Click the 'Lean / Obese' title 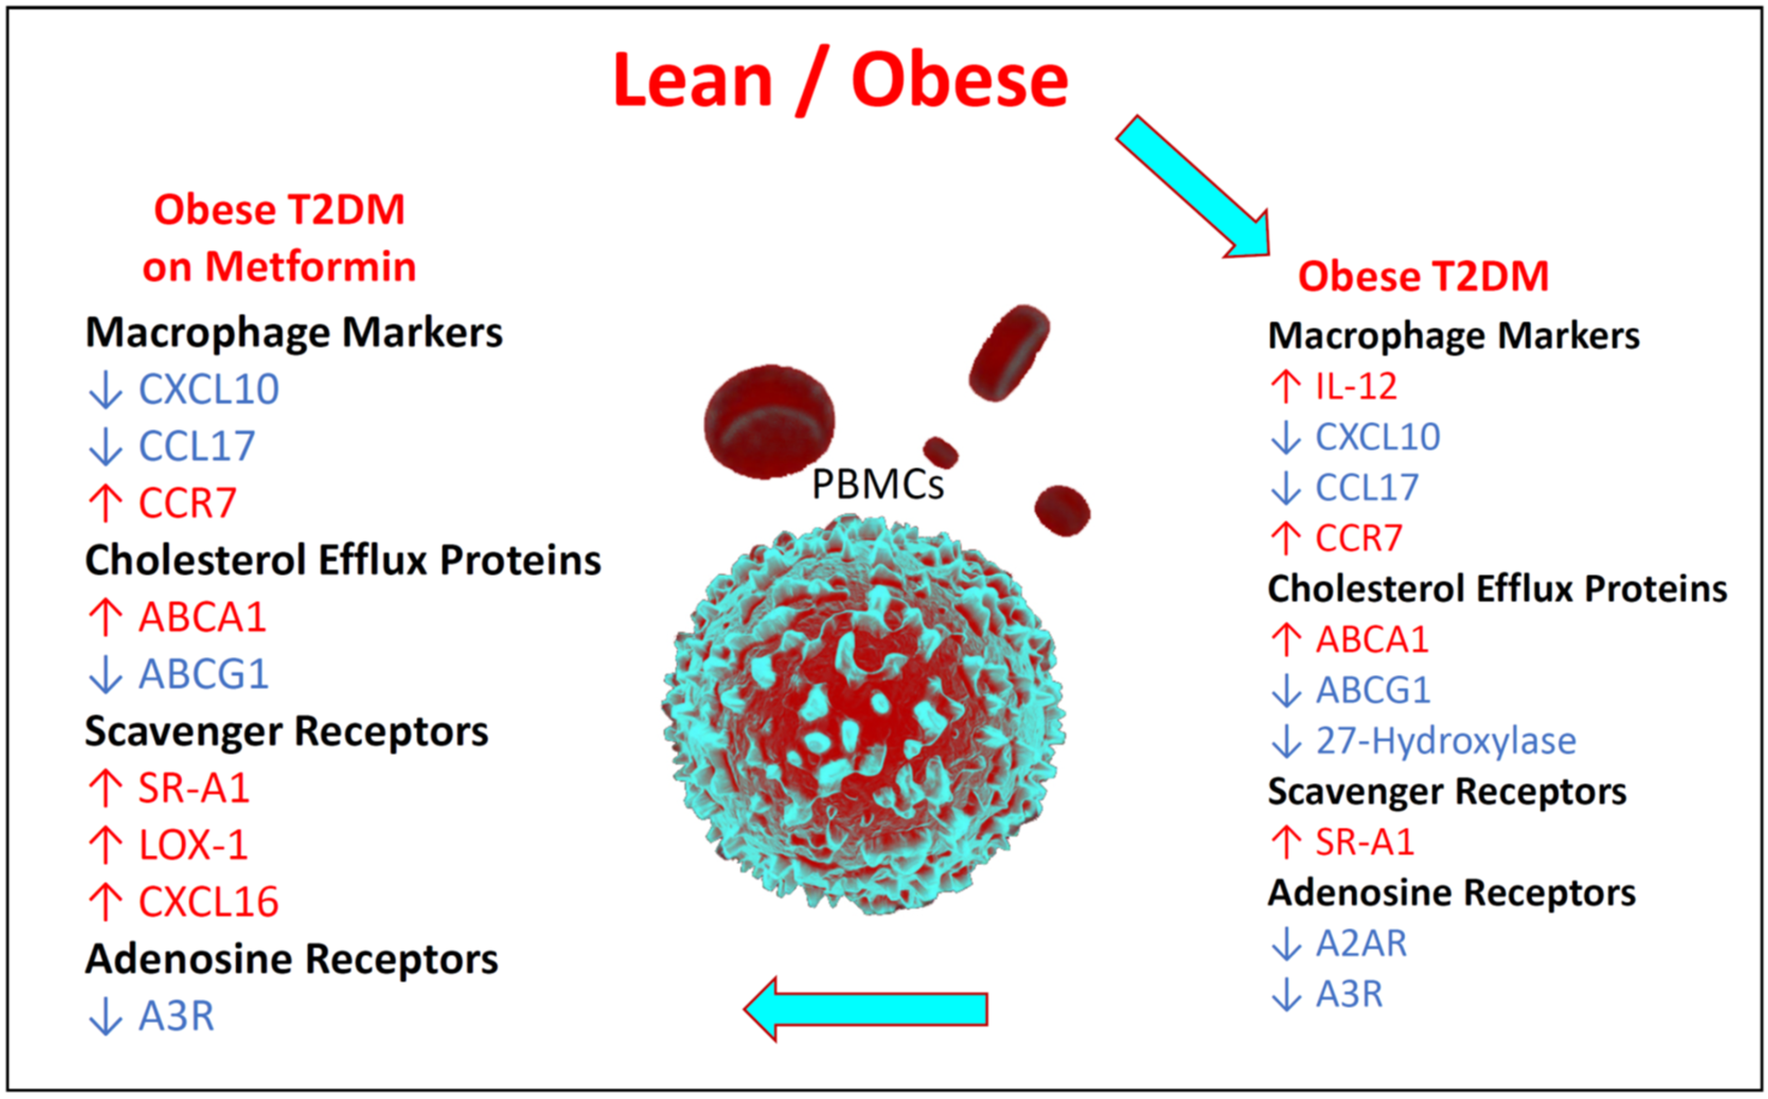click(840, 80)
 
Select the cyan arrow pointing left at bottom click(865, 1009)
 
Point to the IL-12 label click(1356, 386)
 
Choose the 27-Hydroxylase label click(1446, 741)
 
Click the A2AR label click(1361, 944)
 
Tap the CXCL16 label click(209, 901)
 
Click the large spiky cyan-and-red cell click(864, 716)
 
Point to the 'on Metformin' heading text click(279, 267)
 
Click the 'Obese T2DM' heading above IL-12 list click(1423, 276)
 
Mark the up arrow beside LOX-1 click(105, 845)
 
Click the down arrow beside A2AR click(1286, 944)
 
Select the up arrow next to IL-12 click(1286, 386)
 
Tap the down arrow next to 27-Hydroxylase click(1286, 741)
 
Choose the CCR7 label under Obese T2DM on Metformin click(187, 503)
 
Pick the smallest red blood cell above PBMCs click(940, 452)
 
